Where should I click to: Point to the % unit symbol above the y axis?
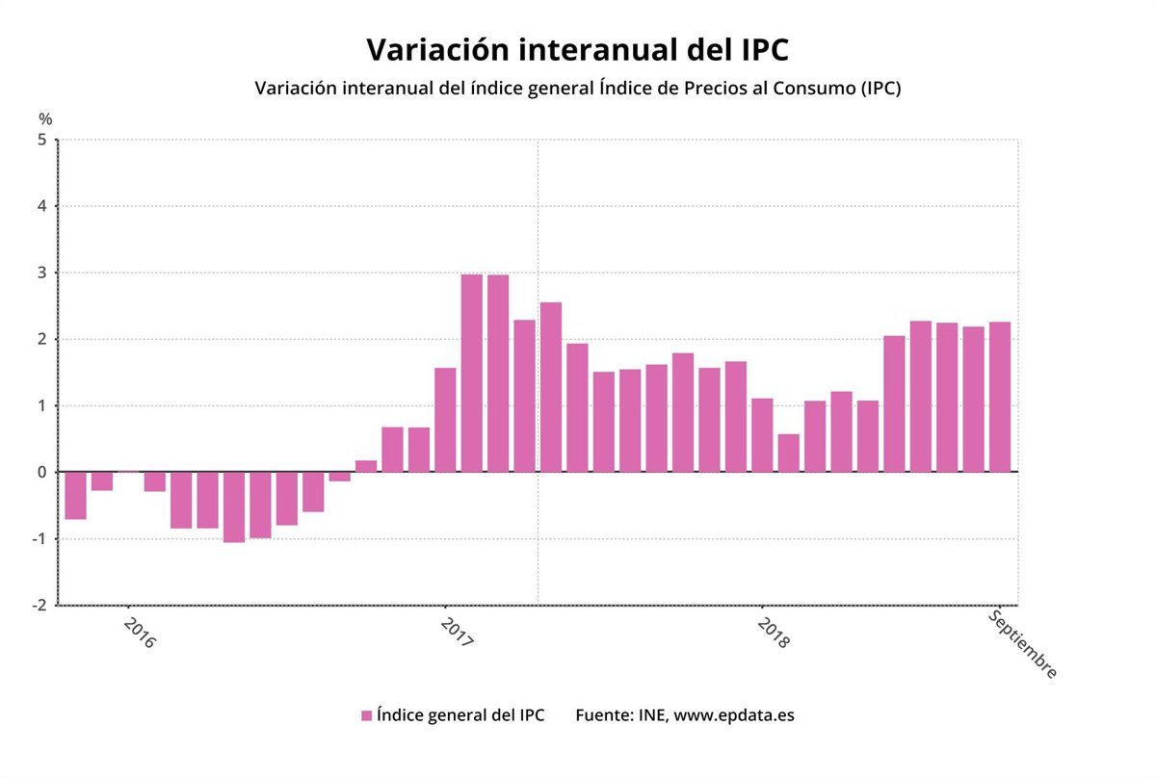pos(45,119)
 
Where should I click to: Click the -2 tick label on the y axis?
pos(39,605)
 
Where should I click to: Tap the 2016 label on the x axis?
pos(139,633)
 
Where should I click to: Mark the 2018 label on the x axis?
pos(773,633)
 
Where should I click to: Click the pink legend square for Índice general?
pos(366,715)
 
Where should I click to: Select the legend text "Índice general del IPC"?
pos(460,715)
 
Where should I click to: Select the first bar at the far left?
pos(76,495)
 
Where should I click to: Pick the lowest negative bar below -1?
pos(234,506)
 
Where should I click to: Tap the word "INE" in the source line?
pos(650,715)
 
